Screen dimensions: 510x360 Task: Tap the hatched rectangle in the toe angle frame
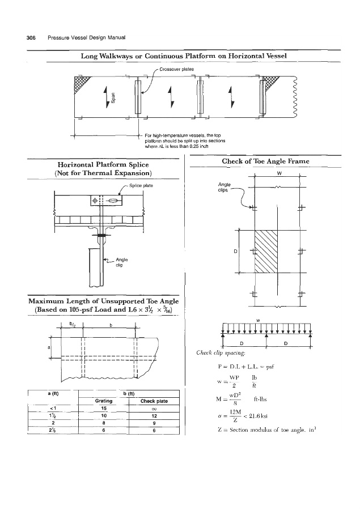[266, 252]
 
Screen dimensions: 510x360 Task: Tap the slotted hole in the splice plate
[113, 201]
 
